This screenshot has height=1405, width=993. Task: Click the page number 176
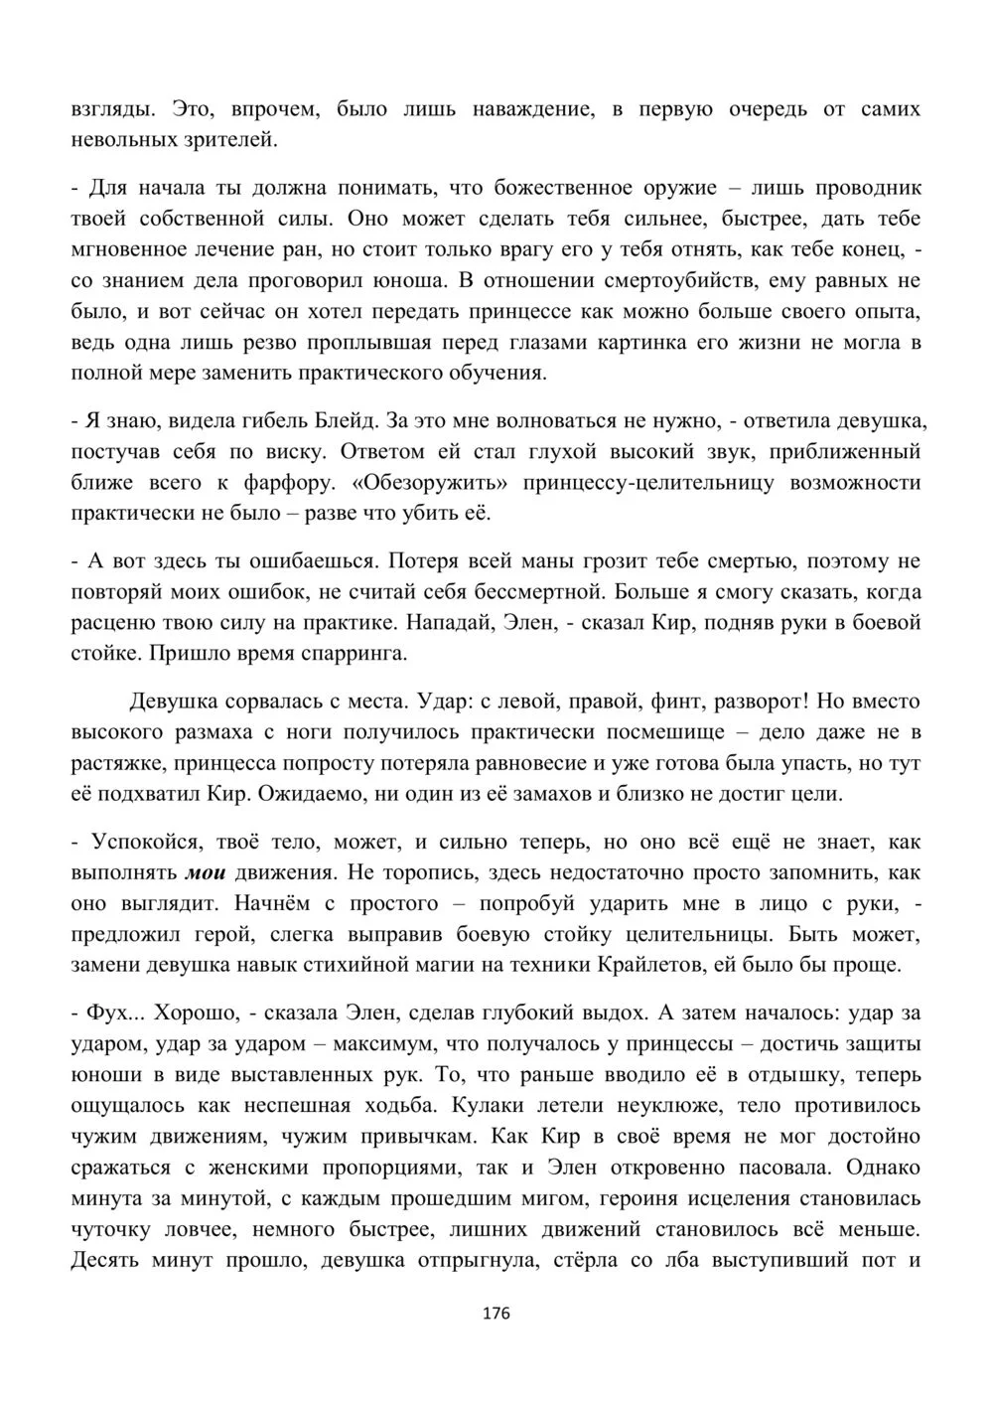pyautogui.click(x=496, y=1314)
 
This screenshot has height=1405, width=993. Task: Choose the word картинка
pyautogui.click(x=637, y=343)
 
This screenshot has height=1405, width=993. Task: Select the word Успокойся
pyautogui.click(x=143, y=842)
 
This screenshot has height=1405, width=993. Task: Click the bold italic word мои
pyautogui.click(x=206, y=872)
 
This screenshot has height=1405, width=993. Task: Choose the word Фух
pyautogui.click(x=101, y=1013)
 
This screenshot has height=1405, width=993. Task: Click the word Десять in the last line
pyautogui.click(x=104, y=1261)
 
